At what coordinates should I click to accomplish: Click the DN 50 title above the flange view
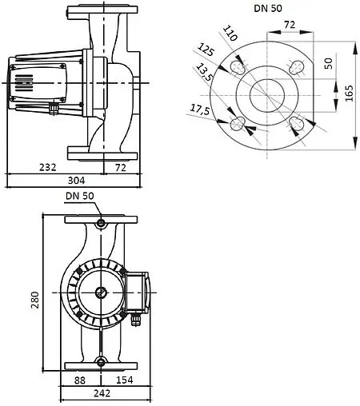(x=265, y=9)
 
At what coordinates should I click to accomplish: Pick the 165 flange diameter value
(x=349, y=94)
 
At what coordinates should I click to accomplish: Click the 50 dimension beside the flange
(x=329, y=64)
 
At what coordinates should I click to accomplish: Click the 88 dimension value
(x=79, y=380)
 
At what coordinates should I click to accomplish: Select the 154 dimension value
(x=122, y=380)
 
